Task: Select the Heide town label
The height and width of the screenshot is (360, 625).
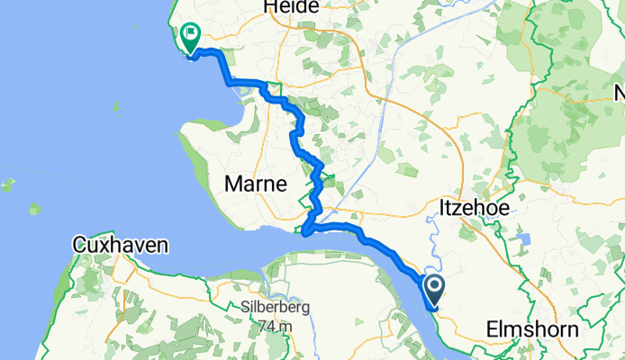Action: coord(291,7)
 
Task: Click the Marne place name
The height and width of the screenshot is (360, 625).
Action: coord(257,184)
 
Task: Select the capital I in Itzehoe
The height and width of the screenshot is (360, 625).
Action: coord(441,208)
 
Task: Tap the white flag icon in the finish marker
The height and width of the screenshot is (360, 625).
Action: coord(191,36)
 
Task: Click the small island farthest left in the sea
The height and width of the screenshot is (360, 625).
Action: coord(7,186)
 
